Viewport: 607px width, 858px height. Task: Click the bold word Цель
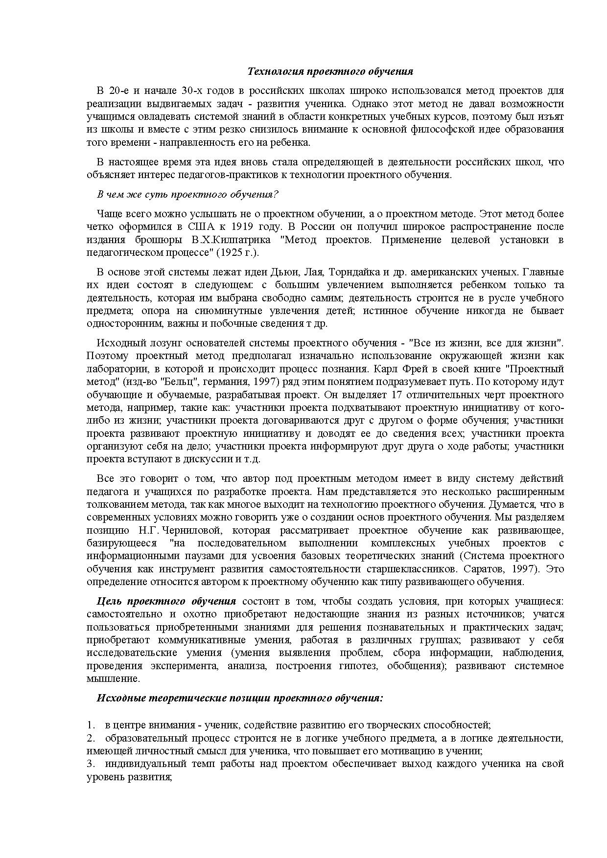pyautogui.click(x=108, y=601)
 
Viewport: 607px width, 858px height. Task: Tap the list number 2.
pyautogui.click(x=90, y=738)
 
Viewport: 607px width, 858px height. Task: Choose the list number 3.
pyautogui.click(x=90, y=764)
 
